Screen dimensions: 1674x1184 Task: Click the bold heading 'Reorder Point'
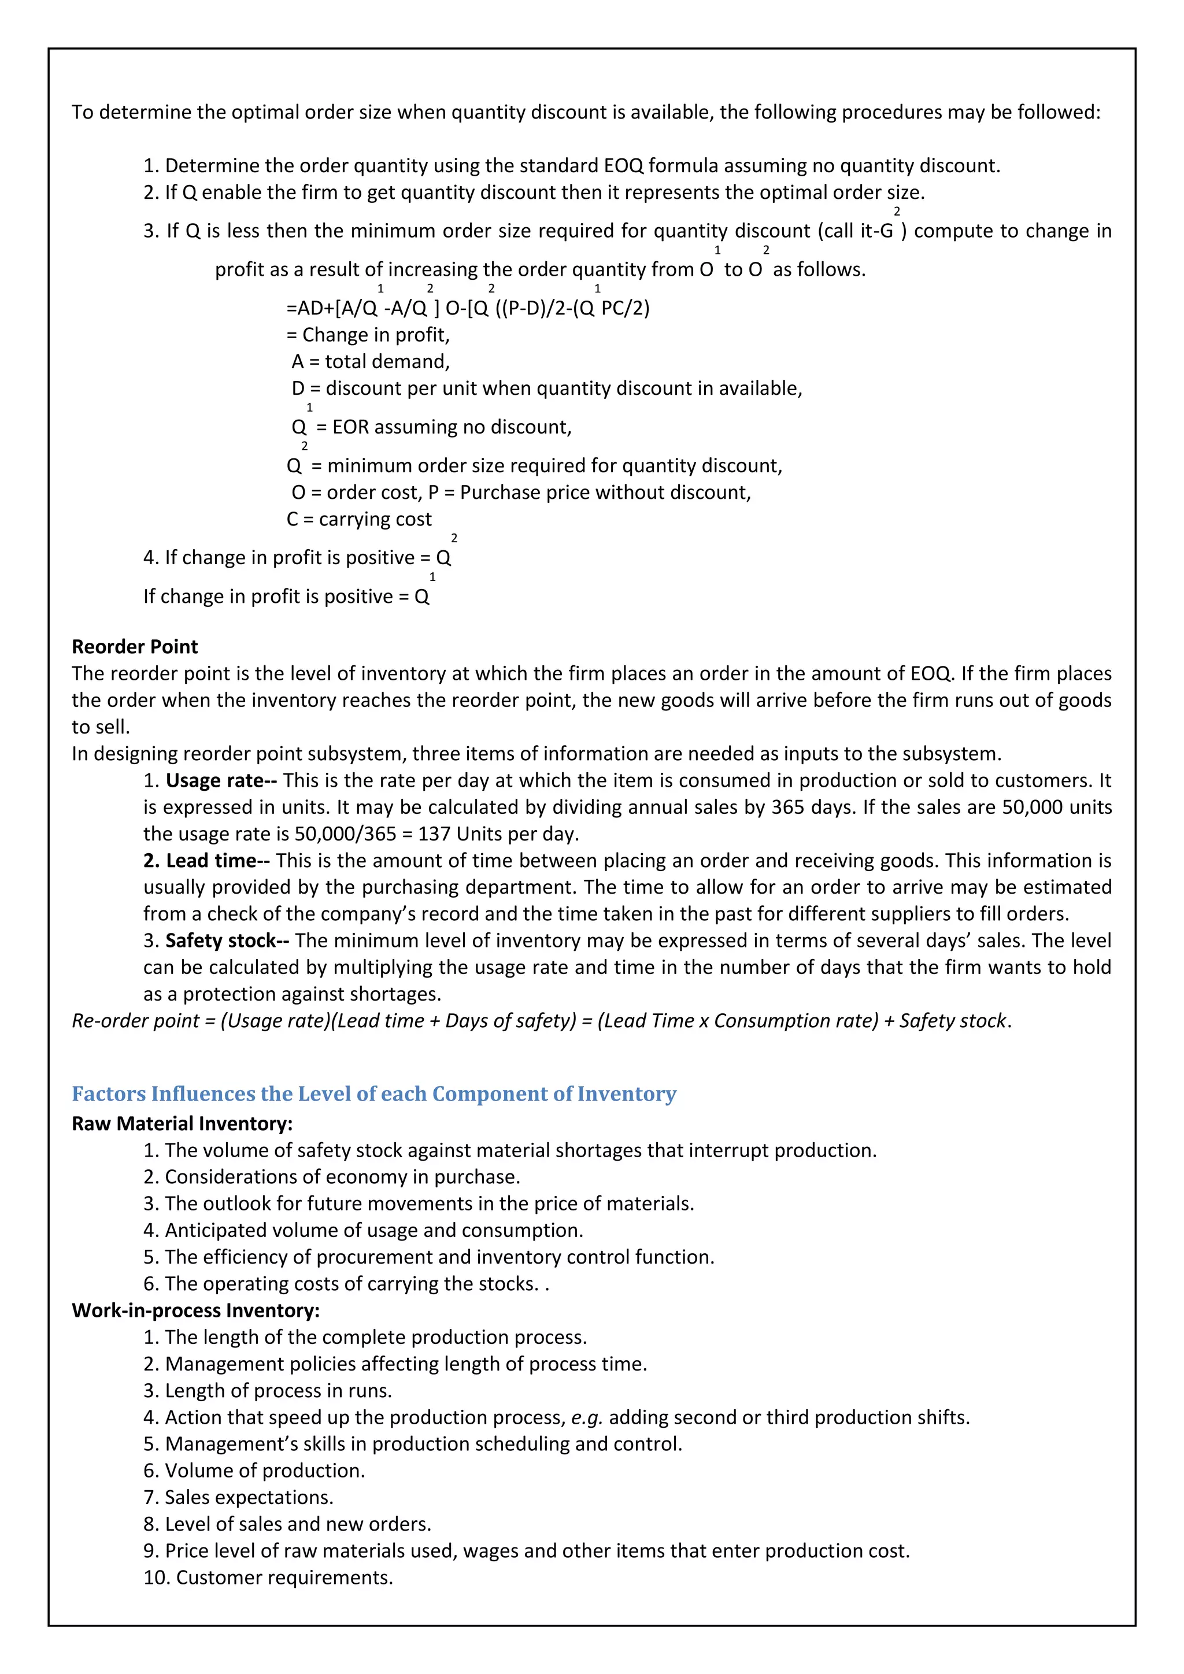(134, 647)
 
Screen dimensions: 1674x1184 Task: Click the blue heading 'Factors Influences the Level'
(373, 1094)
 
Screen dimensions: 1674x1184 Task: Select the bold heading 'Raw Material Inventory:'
(182, 1124)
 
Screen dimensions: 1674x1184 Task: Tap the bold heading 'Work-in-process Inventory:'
(195, 1310)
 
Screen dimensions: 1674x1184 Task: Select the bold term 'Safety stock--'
(227, 940)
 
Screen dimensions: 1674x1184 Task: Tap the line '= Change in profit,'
(368, 335)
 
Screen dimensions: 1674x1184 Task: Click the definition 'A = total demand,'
(371, 362)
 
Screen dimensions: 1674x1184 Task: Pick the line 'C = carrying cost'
(358, 519)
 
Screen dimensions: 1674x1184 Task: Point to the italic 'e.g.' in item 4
(586, 1417)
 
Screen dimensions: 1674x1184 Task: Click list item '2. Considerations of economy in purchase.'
(332, 1177)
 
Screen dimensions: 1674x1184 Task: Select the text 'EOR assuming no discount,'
(452, 427)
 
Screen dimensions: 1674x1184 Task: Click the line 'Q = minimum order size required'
(534, 466)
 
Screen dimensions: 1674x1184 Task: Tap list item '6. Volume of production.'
(254, 1471)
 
